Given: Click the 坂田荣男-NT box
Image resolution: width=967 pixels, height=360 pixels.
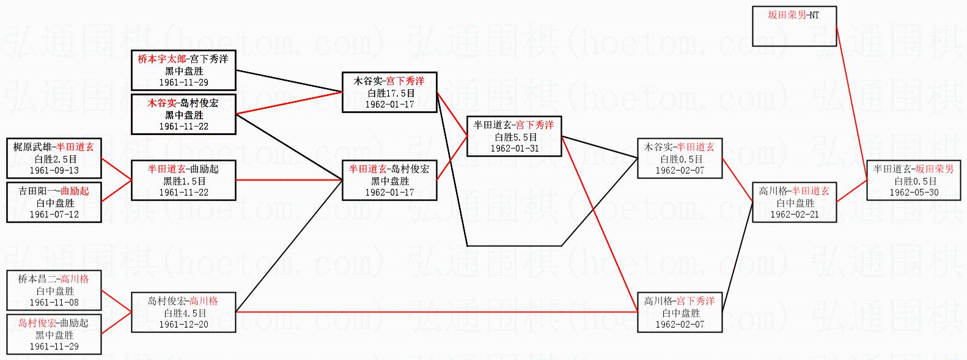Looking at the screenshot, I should click(793, 26).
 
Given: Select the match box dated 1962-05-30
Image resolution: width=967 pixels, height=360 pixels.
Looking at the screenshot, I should click(913, 181).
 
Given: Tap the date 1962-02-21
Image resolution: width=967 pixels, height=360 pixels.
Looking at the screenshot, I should click(794, 215).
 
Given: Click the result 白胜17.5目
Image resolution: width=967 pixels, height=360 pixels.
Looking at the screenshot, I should click(389, 93).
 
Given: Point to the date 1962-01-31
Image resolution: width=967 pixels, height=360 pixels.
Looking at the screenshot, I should click(514, 149).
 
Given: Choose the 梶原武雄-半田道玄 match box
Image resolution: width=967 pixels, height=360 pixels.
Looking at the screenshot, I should click(54, 159).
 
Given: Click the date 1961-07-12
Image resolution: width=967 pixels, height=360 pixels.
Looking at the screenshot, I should click(54, 215).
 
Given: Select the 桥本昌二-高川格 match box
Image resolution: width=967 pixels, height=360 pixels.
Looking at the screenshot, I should click(54, 291).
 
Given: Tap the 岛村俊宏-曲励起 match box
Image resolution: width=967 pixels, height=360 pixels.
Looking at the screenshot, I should click(54, 334).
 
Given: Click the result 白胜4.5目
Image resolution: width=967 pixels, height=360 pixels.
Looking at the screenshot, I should click(183, 313).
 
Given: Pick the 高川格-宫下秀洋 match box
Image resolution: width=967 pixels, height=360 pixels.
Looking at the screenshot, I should click(680, 313).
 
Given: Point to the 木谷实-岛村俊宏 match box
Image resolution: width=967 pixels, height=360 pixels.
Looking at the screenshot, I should click(183, 114).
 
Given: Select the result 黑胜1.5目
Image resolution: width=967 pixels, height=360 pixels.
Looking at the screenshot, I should click(183, 181).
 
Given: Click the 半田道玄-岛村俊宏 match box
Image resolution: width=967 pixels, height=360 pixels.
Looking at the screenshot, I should click(389, 181).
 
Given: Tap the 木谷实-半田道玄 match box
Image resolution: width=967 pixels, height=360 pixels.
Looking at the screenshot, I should click(680, 159).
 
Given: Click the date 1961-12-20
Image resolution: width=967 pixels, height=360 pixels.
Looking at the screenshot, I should click(183, 325).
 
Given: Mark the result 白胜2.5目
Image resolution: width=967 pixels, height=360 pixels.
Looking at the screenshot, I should click(54, 159).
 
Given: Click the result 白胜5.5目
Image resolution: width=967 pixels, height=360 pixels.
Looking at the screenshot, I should click(514, 137).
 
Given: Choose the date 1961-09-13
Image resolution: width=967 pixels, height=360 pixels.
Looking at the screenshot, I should click(54, 171).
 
